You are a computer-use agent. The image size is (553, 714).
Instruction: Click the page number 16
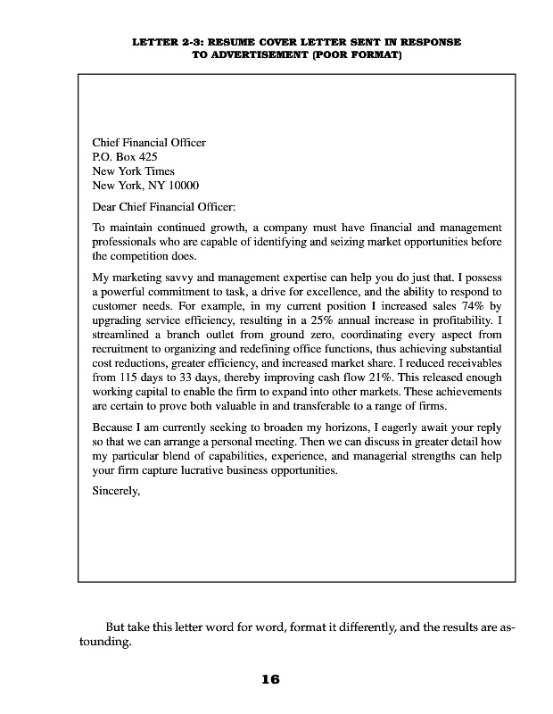270,679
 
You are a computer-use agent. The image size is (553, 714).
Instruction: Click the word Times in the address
157,171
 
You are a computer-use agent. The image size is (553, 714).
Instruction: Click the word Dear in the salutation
105,206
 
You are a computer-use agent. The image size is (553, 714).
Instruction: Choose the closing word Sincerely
117,490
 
